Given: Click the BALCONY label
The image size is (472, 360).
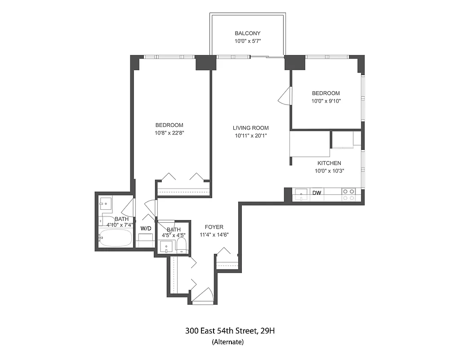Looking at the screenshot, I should [x=247, y=33].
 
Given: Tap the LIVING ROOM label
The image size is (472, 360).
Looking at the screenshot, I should [x=251, y=128].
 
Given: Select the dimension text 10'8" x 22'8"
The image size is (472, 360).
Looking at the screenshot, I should [x=169, y=133].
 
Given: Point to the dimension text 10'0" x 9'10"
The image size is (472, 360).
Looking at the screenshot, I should [x=326, y=101].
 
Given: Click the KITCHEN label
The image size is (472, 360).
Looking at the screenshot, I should [x=329, y=163].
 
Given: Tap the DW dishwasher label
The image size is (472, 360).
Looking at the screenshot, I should [x=317, y=193].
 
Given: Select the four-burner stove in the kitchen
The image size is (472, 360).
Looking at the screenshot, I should [x=348, y=194].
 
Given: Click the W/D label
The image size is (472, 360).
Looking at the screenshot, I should [x=146, y=229].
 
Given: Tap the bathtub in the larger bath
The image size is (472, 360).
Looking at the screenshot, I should [x=115, y=238].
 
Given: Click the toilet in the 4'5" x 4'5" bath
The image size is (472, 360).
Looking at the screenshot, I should [x=182, y=246].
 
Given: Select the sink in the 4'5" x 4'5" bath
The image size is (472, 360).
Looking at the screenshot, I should [x=166, y=247].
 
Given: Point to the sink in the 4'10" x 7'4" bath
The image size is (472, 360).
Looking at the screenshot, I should [x=106, y=203].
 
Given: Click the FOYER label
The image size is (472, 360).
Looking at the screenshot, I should [x=214, y=227].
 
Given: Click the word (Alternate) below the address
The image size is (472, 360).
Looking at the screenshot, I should [x=227, y=342].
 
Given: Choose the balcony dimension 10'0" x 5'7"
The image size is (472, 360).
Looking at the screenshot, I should [x=247, y=41].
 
